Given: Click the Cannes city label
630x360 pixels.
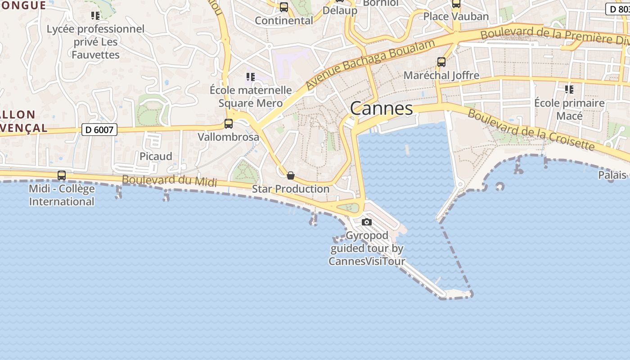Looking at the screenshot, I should click(381, 108).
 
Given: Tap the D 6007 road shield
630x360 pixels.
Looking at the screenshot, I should click(99, 130).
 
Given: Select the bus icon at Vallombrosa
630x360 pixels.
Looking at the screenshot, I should click(229, 124).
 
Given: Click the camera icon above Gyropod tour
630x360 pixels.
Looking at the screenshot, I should click(367, 222).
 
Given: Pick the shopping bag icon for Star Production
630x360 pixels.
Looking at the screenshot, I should click(291, 175).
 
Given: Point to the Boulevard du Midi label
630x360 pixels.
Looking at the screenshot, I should click(169, 180).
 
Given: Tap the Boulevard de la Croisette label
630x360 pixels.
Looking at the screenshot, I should click(531, 130).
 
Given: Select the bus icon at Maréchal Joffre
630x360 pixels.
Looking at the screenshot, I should click(441, 62).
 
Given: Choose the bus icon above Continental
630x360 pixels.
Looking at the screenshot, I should click(284, 7).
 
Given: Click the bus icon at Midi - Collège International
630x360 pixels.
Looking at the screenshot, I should click(62, 175).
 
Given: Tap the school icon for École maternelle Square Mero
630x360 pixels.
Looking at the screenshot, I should click(251, 77).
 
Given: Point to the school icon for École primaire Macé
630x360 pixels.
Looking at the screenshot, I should click(569, 90).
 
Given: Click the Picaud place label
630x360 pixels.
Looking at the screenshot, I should click(156, 156).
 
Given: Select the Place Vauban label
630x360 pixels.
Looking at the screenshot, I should click(456, 17).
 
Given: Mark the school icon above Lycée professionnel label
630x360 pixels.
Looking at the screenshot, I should click(95, 16).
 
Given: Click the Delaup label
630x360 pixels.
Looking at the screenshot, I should click(340, 10).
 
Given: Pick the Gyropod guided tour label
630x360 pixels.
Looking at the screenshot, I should click(367, 248).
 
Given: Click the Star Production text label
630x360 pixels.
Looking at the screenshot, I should click(291, 189).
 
